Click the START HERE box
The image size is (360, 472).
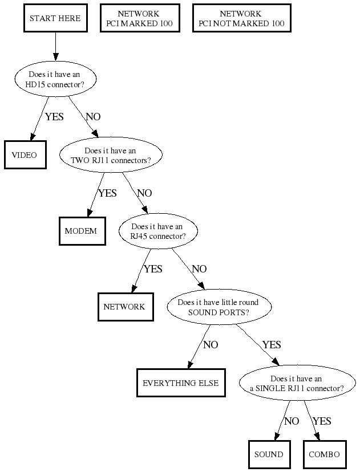point(55,19)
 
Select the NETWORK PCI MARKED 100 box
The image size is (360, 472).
point(139,19)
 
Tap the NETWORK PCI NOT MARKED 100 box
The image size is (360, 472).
point(238,19)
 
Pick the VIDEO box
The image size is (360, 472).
point(24,155)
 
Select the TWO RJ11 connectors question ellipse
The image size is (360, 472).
point(111,156)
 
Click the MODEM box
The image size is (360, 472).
point(82,231)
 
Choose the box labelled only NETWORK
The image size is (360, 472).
point(124,307)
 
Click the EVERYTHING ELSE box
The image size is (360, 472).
point(180,383)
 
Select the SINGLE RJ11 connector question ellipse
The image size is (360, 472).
point(297,384)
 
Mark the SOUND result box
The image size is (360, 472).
point(269,454)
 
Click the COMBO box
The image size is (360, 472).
point(324,454)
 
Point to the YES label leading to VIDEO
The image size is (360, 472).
point(54,117)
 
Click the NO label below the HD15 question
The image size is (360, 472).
point(93,117)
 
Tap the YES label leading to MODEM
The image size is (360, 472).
point(107,193)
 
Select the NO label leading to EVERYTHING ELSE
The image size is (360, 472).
point(211,345)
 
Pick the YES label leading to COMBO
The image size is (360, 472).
point(322,421)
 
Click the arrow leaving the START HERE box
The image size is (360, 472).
point(56,46)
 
